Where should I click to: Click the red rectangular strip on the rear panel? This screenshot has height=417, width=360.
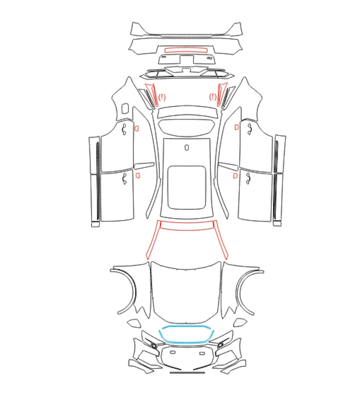point(186,50)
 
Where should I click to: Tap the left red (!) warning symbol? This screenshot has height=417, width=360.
point(162,97)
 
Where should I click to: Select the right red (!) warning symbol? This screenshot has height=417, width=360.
point(213,97)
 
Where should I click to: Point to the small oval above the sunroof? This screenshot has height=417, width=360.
point(187,147)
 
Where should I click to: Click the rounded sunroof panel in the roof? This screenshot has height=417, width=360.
point(187,187)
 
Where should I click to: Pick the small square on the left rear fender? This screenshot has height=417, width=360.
point(125,108)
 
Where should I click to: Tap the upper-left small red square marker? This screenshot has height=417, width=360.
point(136,129)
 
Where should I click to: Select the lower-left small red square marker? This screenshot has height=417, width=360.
point(138,175)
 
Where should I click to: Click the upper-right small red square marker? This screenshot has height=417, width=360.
point(236,127)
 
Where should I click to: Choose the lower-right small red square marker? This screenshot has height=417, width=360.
point(235,176)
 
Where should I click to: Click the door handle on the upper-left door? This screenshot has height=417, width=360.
point(124,130)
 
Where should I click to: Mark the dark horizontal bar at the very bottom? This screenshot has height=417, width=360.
point(187,372)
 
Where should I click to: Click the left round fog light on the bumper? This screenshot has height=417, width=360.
point(154,345)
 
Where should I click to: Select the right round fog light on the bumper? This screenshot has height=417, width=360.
point(220,345)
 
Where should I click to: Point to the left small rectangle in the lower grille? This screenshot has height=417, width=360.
point(173,352)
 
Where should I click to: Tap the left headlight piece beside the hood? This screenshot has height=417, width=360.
point(134,323)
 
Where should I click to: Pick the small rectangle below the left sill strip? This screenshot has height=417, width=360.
point(95,225)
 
